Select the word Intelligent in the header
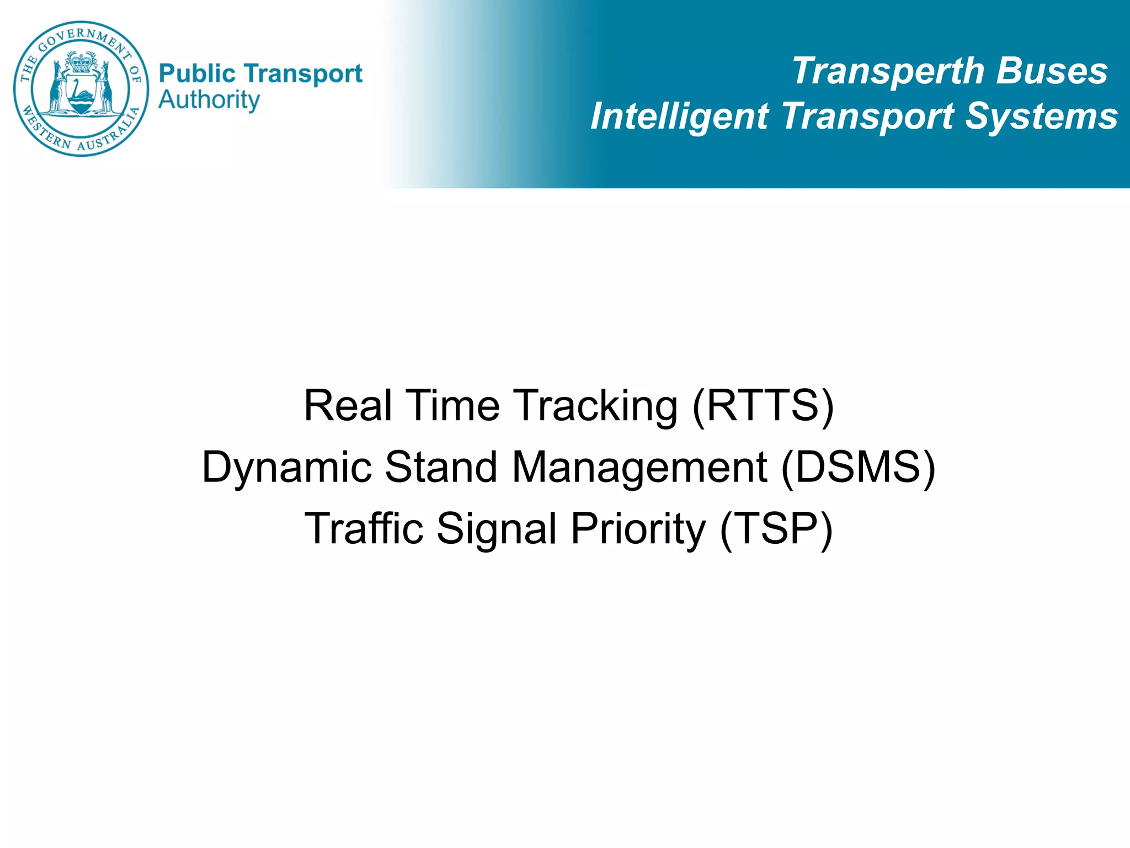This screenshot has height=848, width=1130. [679, 117]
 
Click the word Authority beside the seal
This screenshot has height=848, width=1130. [209, 100]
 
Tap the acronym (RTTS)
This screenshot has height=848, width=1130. [763, 406]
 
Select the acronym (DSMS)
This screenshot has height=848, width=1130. [859, 468]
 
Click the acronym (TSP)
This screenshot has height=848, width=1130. [776, 529]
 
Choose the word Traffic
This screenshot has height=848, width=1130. [364, 528]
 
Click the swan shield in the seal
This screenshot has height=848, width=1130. [81, 94]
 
